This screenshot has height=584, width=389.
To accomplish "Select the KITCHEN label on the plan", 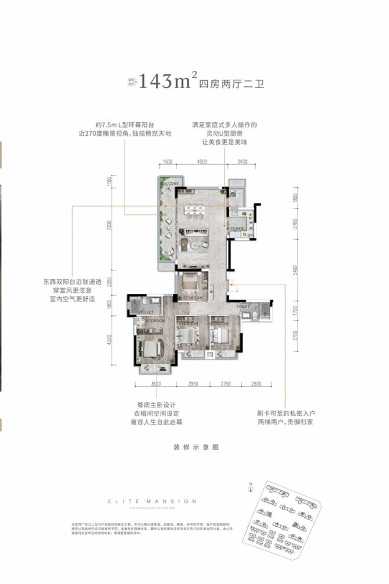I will pos(236,228).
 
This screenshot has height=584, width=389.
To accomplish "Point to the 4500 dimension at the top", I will pos(201,162).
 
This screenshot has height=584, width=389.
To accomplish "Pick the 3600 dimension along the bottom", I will pos(156,384).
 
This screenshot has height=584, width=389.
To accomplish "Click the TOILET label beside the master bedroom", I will pos(147,312).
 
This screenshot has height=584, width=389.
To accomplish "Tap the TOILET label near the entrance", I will pos(243,307).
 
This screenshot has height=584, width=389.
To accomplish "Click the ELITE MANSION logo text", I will pos(152,501).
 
